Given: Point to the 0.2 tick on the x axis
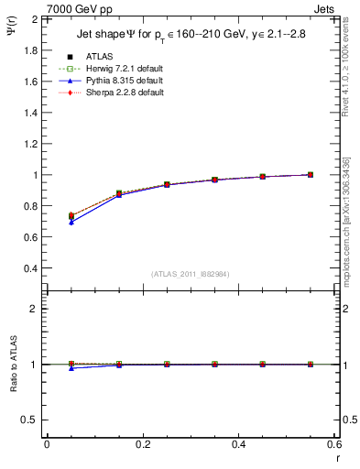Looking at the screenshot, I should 142,444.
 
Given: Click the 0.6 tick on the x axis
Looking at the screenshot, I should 333,444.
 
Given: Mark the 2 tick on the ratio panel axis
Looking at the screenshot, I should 33,309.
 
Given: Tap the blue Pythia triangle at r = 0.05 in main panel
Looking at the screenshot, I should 71,222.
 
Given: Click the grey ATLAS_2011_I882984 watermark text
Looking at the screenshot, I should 190,274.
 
